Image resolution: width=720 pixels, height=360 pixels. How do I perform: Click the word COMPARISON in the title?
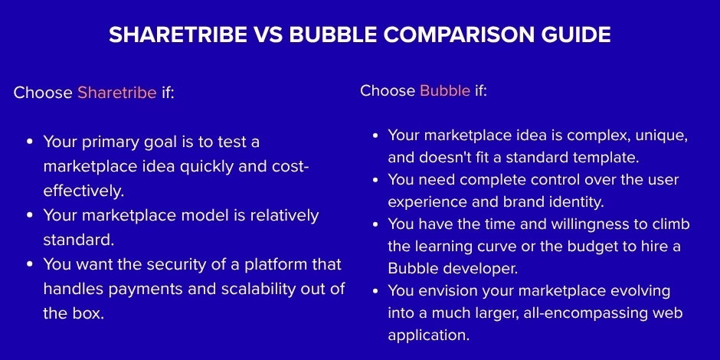click(447, 35)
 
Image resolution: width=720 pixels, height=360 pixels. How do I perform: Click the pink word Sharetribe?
click(116, 93)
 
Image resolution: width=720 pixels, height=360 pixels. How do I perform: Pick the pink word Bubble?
click(445, 90)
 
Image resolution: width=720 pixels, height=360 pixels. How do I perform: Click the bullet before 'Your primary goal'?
click(29, 142)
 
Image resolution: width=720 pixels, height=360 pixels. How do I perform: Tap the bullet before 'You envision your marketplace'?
click(375, 292)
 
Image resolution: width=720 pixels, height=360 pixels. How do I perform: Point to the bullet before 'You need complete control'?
click(375, 181)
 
